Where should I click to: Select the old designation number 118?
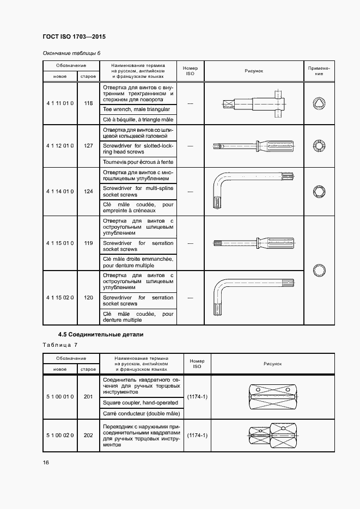point(88,103)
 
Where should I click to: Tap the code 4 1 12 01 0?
point(60,146)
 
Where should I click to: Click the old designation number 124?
point(88,192)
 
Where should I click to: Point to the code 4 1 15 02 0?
point(60,298)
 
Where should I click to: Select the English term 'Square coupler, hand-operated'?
point(141,402)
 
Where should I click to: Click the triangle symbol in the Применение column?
point(319,103)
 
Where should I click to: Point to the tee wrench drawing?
point(254,103)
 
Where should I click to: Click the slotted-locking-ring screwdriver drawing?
point(254,146)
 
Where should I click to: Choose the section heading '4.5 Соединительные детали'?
point(101,334)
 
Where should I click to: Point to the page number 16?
point(46,462)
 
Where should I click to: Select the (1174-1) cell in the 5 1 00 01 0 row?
point(197,397)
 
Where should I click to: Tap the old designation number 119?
point(88,243)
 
